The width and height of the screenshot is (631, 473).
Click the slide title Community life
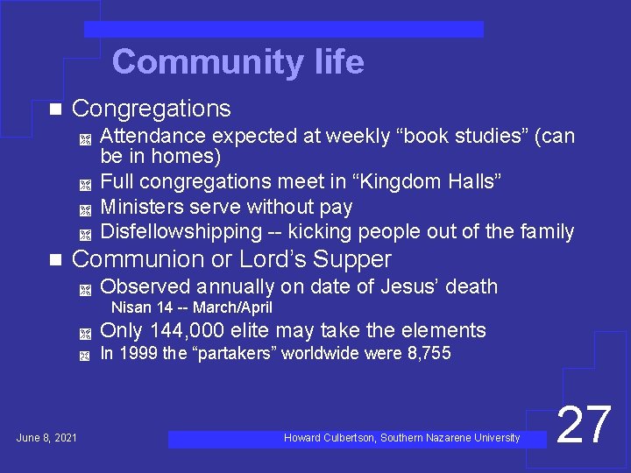point(238,62)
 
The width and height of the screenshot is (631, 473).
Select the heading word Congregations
point(151,109)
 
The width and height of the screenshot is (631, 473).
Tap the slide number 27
point(584,426)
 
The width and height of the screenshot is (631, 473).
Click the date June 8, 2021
point(46,437)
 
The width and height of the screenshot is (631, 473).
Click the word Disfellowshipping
point(181,232)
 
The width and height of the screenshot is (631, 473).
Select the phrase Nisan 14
point(140,307)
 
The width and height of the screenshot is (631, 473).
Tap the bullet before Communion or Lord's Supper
point(55,260)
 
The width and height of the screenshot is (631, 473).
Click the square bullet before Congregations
point(55,109)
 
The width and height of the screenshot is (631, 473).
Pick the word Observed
point(145,286)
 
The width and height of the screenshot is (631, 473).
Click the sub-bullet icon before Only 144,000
point(84,332)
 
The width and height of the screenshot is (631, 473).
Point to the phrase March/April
point(232,307)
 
